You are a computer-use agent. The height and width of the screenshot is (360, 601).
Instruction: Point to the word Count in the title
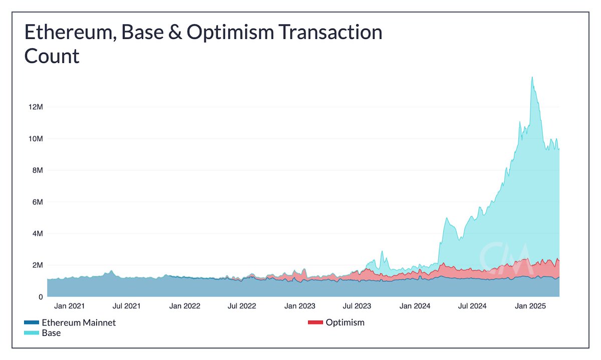pyautogui.click(x=52, y=56)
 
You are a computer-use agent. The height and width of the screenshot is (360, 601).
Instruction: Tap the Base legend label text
pyautogui.click(x=51, y=333)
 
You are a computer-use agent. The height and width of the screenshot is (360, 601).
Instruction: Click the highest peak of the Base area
pyautogui.click(x=532, y=77)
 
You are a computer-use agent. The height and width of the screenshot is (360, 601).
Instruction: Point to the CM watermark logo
pyautogui.click(x=503, y=256)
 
